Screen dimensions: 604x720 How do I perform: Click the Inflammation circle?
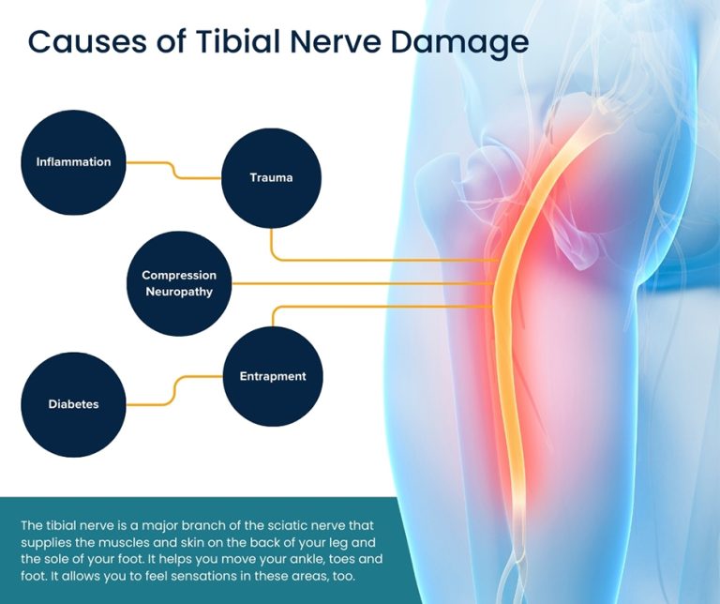click(x=73, y=162)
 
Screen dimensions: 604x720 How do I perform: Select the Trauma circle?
click(x=271, y=177)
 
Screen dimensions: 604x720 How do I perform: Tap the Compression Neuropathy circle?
click(x=178, y=283)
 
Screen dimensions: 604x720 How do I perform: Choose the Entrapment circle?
click(x=273, y=377)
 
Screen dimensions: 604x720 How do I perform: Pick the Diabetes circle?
click(x=73, y=404)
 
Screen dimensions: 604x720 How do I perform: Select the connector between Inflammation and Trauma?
click(x=173, y=170)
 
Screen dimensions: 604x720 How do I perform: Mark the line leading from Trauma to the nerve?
click(x=375, y=259)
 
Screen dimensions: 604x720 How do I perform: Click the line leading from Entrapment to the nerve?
click(x=375, y=307)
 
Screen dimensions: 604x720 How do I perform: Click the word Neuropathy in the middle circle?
click(x=179, y=292)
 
